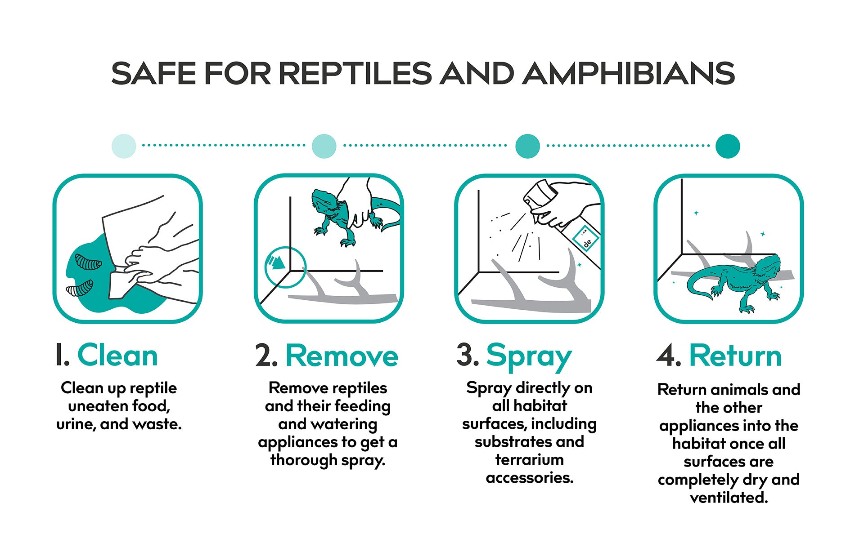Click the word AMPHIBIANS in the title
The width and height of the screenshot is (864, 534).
click(629, 73)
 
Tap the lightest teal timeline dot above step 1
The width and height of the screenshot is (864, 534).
click(124, 146)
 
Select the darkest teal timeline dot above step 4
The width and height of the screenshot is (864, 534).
click(728, 146)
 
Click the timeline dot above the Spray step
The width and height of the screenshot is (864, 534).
click(527, 146)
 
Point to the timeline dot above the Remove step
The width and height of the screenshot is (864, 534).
click(324, 146)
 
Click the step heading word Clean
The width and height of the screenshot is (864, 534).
click(117, 356)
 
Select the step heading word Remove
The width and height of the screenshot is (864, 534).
click(342, 356)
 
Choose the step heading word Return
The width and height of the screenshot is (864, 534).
click(735, 356)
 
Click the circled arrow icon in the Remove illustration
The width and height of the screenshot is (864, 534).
click(285, 267)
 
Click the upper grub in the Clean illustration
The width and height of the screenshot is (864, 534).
click(88, 262)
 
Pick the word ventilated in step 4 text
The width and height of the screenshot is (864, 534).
click(729, 498)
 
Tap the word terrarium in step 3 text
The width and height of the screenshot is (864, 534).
click(529, 460)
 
